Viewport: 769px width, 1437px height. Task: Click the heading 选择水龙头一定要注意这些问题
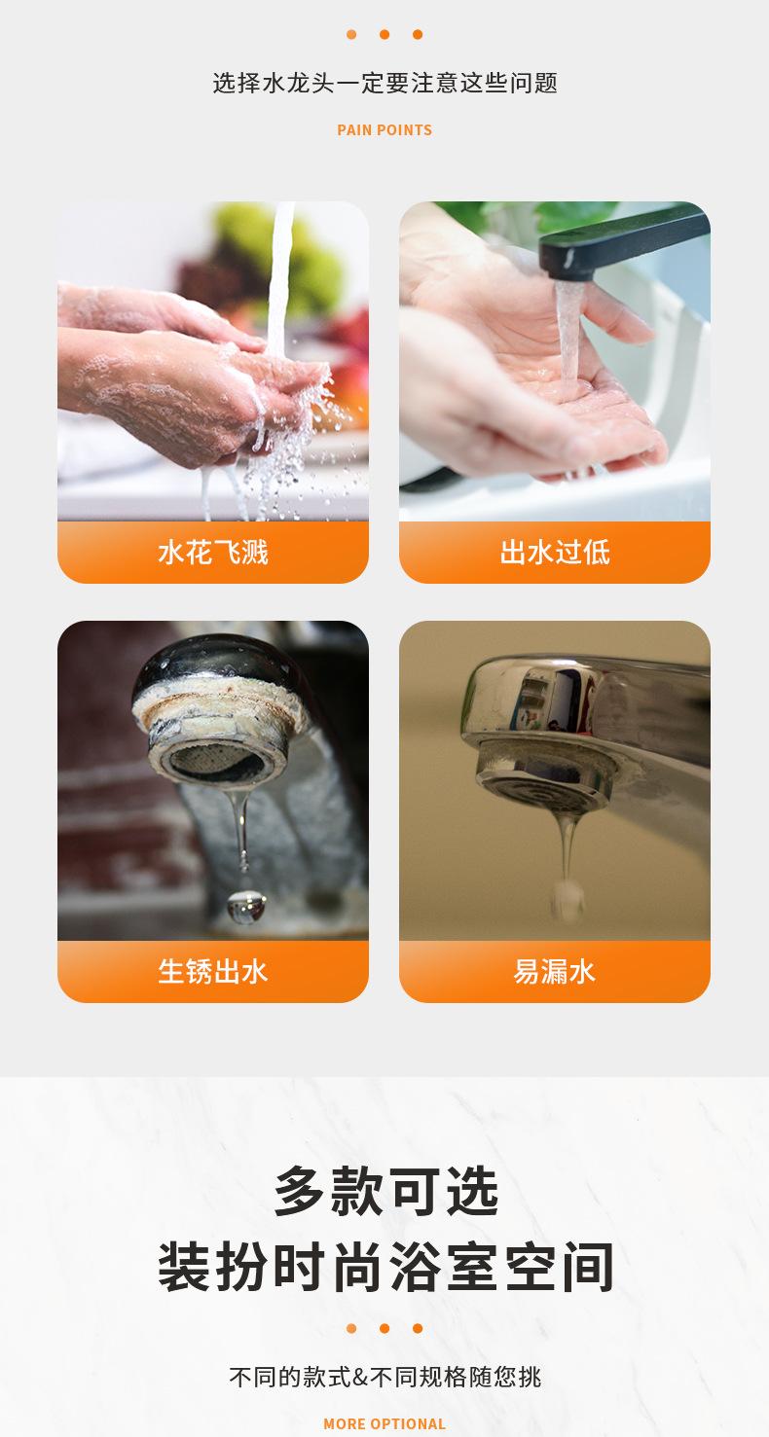[384, 83]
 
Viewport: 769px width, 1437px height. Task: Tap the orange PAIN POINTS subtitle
[384, 129]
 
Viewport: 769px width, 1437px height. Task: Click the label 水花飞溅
[212, 553]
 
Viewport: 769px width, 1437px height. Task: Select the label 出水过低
[554, 553]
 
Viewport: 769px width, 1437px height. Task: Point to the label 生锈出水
[212, 971]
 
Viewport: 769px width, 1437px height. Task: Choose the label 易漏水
[554, 971]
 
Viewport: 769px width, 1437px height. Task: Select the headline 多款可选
[384, 1191]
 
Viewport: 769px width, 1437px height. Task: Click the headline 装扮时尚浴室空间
[384, 1267]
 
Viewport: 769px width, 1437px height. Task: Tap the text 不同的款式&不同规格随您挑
[384, 1377]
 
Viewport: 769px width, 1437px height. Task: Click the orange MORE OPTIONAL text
[384, 1423]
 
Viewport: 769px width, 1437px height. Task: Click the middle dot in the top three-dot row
[384, 35]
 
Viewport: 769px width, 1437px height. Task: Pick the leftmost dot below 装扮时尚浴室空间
[351, 1328]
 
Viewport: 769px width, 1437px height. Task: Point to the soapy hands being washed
[195, 379]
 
